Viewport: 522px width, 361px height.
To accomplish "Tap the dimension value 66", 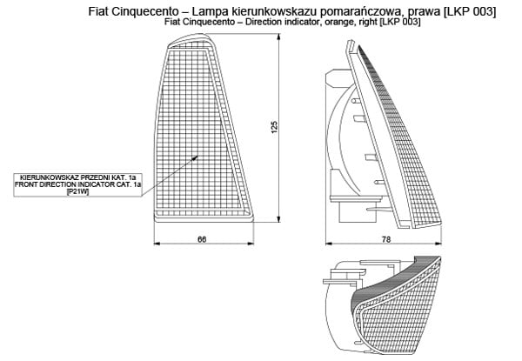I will (202, 238).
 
